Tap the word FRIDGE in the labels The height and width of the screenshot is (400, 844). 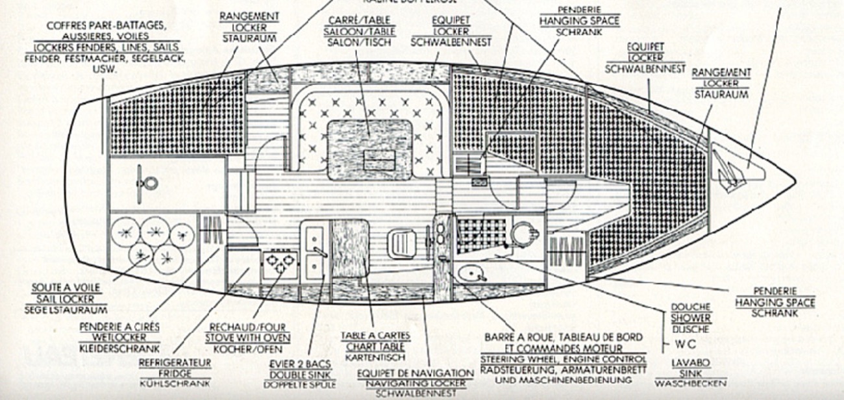click(175, 373)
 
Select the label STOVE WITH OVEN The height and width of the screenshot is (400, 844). click(247, 338)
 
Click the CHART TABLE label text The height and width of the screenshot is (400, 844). click(376, 347)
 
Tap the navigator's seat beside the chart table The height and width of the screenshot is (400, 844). click(401, 244)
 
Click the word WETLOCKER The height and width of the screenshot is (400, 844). click(119, 338)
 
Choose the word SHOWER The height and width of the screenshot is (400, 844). click(690, 318)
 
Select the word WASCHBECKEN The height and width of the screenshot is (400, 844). click(690, 383)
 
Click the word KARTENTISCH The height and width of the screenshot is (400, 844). click(375, 357)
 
